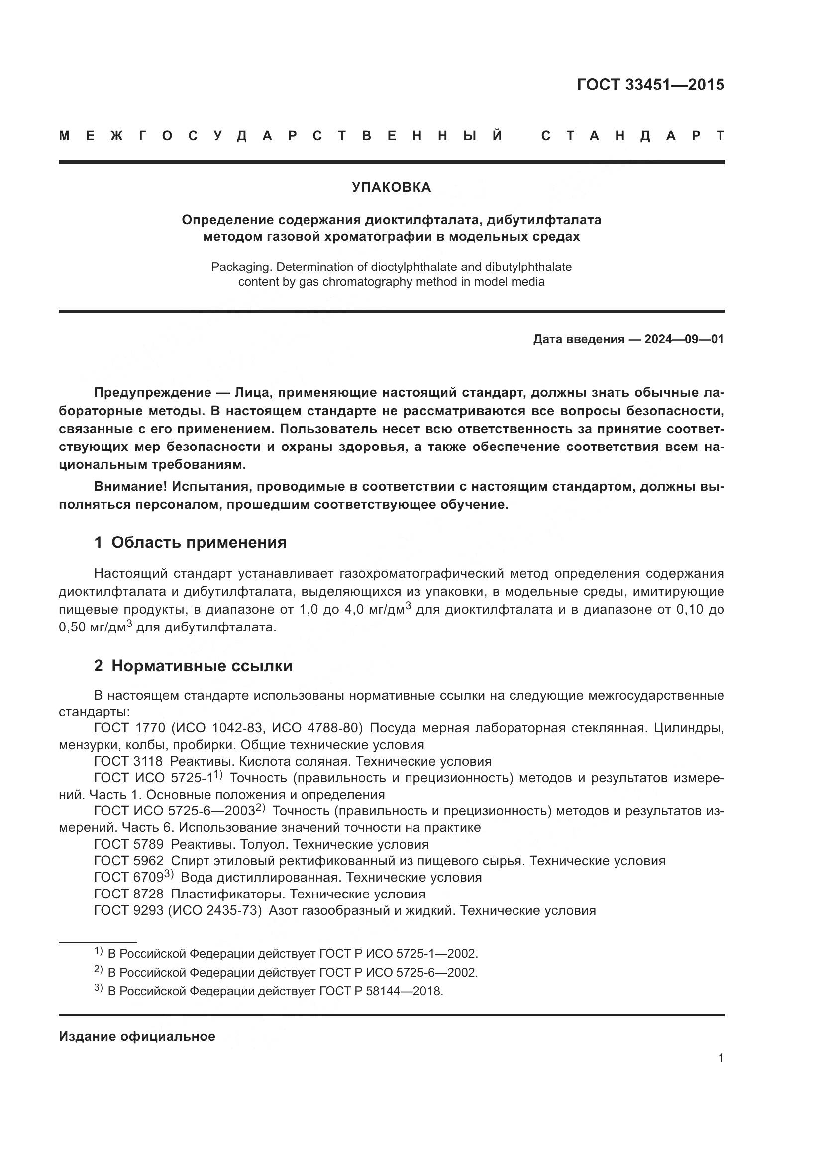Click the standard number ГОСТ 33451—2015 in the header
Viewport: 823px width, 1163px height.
650,85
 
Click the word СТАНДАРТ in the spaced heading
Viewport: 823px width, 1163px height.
632,136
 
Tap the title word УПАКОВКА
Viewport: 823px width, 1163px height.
391,187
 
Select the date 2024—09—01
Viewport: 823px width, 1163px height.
684,340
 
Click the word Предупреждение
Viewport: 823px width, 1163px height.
153,393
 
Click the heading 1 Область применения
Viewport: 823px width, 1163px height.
190,542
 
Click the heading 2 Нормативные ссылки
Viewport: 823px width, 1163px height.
193,666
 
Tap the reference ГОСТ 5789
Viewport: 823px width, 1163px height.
129,844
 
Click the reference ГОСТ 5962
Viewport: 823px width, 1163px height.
129,861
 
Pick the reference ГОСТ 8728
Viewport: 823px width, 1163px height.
129,894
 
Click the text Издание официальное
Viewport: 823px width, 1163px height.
137,1036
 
